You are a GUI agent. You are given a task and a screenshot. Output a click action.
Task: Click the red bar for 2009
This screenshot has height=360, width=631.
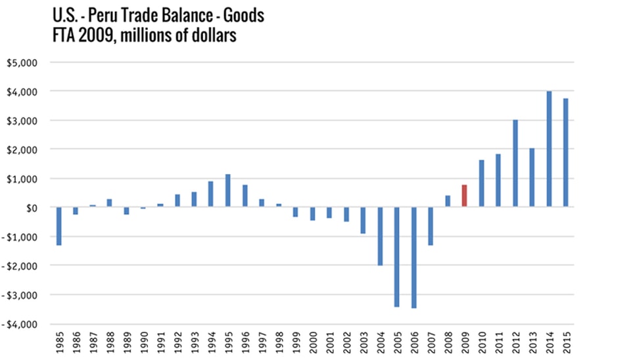pyautogui.click(x=464, y=196)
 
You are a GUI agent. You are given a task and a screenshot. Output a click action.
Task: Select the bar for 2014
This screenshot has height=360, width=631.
pyautogui.click(x=549, y=150)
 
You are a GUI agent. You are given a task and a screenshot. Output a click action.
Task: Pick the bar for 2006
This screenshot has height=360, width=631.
pyautogui.click(x=413, y=258)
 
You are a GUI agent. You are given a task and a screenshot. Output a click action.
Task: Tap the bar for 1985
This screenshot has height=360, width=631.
pyautogui.click(x=58, y=226)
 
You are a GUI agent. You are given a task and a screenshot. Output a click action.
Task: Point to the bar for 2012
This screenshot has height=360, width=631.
pyautogui.click(x=515, y=164)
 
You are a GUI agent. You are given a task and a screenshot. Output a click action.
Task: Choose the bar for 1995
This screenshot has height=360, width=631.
pyautogui.click(x=228, y=191)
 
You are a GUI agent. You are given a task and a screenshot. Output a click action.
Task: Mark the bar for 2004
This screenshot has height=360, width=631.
pyautogui.click(x=380, y=236)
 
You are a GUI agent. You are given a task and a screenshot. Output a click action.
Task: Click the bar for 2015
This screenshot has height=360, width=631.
pyautogui.click(x=566, y=153)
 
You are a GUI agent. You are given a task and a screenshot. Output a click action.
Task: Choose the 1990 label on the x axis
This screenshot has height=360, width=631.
pyautogui.click(x=143, y=344)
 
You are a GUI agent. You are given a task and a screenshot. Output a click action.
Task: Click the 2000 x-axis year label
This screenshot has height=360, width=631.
pyautogui.click(x=313, y=344)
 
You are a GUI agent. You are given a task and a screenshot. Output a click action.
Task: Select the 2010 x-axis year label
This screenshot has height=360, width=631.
pyautogui.click(x=482, y=344)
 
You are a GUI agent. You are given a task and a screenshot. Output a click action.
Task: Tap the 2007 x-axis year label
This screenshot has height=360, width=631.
pyautogui.click(x=431, y=344)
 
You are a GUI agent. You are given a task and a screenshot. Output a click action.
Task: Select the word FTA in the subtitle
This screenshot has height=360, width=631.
pyautogui.click(x=66, y=37)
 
